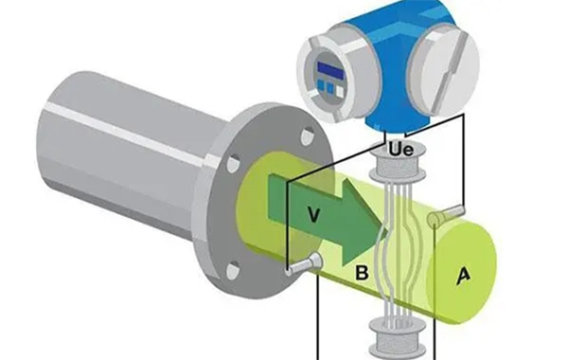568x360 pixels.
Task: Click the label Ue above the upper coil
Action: tap(400, 150)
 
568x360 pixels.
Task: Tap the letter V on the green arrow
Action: tap(313, 215)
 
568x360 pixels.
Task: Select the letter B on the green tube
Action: tap(362, 273)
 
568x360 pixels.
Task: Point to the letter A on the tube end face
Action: tap(463, 275)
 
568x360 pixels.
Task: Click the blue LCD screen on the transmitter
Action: tap(330, 70)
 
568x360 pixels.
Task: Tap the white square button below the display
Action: tap(340, 91)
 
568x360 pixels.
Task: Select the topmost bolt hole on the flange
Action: tap(308, 137)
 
